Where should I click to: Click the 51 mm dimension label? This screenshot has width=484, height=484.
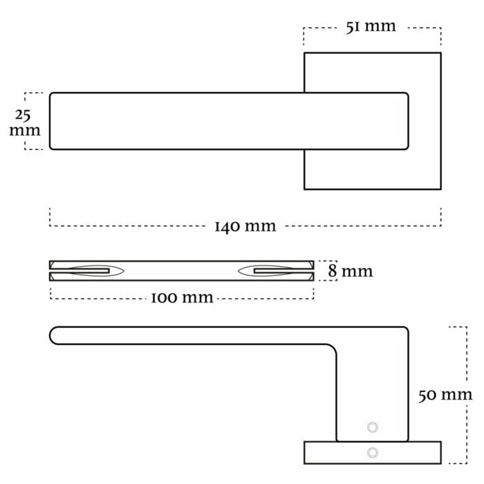(371, 27)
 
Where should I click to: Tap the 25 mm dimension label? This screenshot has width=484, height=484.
(25, 122)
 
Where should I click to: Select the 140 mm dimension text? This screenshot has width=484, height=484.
(245, 226)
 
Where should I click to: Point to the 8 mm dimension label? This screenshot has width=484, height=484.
(351, 271)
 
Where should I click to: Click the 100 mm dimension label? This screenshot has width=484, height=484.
(182, 297)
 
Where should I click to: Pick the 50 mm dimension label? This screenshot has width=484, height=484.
(445, 395)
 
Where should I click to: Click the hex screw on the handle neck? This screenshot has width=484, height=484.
(373, 427)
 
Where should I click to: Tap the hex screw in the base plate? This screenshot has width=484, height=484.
(373, 452)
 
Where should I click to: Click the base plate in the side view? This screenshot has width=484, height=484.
(373, 452)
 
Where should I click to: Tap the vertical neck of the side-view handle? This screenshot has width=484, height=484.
(373, 392)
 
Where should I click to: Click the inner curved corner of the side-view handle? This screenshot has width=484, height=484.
(333, 348)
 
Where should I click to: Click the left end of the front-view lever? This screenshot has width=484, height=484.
(50, 121)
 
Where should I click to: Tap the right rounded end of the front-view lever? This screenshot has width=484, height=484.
(409, 121)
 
